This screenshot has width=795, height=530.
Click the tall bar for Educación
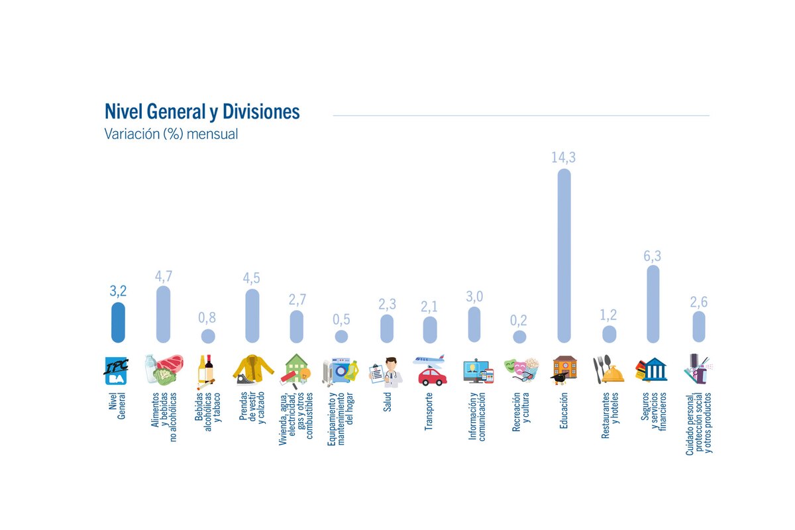pyautogui.click(x=564, y=255)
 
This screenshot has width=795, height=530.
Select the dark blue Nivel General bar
pyautogui.click(x=118, y=323)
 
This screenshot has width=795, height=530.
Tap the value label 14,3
pyautogui.click(x=564, y=158)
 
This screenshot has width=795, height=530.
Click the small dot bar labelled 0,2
pyautogui.click(x=519, y=337)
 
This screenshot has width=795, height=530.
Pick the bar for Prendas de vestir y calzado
pyautogui.click(x=252, y=315)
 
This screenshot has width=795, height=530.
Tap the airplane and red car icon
pyautogui.click(x=431, y=370)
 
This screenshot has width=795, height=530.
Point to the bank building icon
pyautogui.click(x=652, y=370)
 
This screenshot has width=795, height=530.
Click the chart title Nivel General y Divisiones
pyautogui.click(x=202, y=111)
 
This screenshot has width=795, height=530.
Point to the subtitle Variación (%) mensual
pyautogui.click(x=171, y=134)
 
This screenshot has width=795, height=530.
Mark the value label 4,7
pyautogui.click(x=163, y=276)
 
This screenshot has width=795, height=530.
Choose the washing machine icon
pyautogui.click(x=341, y=371)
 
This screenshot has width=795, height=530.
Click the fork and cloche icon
pyautogui.click(x=608, y=370)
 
